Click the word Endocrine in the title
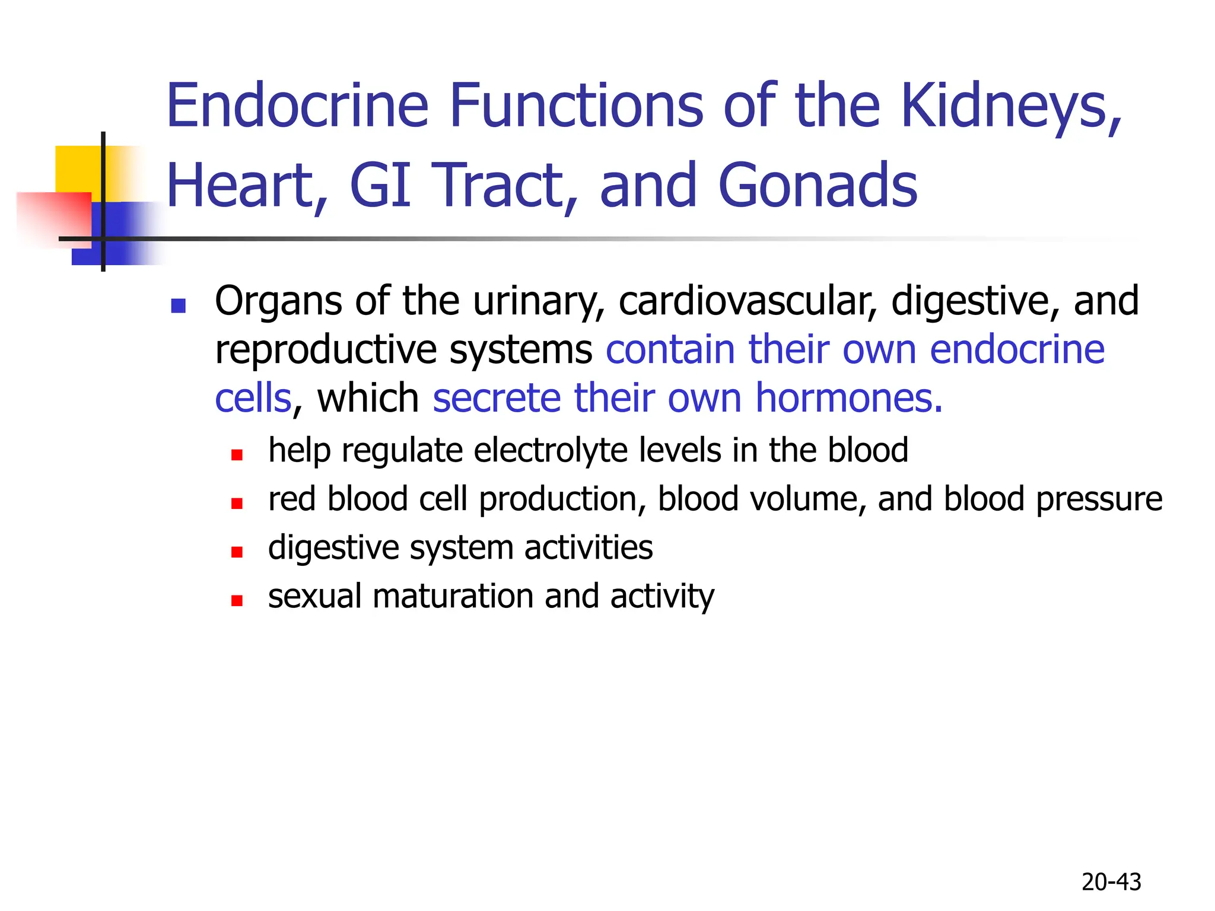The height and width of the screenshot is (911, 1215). pos(297,106)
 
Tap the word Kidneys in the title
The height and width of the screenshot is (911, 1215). pos(1011,106)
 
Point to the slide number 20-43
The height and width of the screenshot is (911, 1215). pos(1111,882)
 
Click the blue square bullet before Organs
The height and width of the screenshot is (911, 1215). pos(178,305)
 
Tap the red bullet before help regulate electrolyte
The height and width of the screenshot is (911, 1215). pos(237,455)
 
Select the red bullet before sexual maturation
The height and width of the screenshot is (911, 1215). pos(237,601)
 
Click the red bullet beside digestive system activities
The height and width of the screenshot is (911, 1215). pos(237,552)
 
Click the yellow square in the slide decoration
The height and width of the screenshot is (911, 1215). pos(77,168)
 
